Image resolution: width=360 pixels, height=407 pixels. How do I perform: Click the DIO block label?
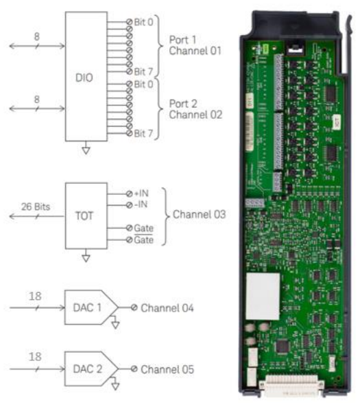pyautogui.click(x=84, y=78)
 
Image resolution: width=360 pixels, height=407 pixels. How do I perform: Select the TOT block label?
pyautogui.click(x=84, y=216)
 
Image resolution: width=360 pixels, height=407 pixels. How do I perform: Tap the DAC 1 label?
pyautogui.click(x=87, y=307)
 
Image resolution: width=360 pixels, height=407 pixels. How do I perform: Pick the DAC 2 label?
pyautogui.click(x=87, y=369)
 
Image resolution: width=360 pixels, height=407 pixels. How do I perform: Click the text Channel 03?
pyautogui.click(x=199, y=214)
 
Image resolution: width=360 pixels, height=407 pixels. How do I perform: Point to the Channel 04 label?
pyautogui.click(x=167, y=308)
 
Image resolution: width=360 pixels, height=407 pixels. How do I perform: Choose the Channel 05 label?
pyautogui.click(x=167, y=369)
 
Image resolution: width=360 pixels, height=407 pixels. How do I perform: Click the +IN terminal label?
pyautogui.click(x=141, y=194)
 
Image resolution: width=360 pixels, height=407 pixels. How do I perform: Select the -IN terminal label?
pyautogui.click(x=141, y=205)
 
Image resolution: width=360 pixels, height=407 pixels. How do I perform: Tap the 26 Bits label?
pyautogui.click(x=36, y=207)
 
